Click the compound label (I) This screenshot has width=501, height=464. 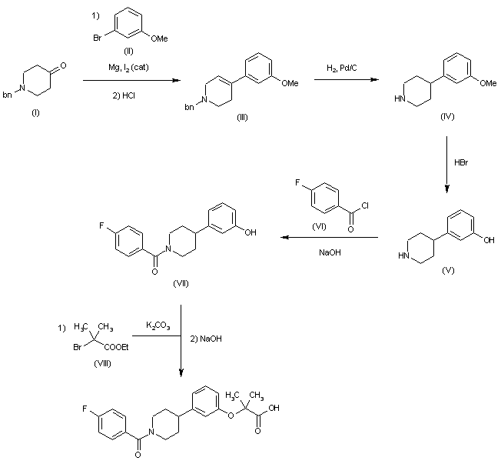coord(35,112)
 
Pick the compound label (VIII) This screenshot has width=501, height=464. coord(99,363)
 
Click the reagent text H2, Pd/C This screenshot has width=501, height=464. coord(341,69)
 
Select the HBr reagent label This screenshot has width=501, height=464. coord(463,162)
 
